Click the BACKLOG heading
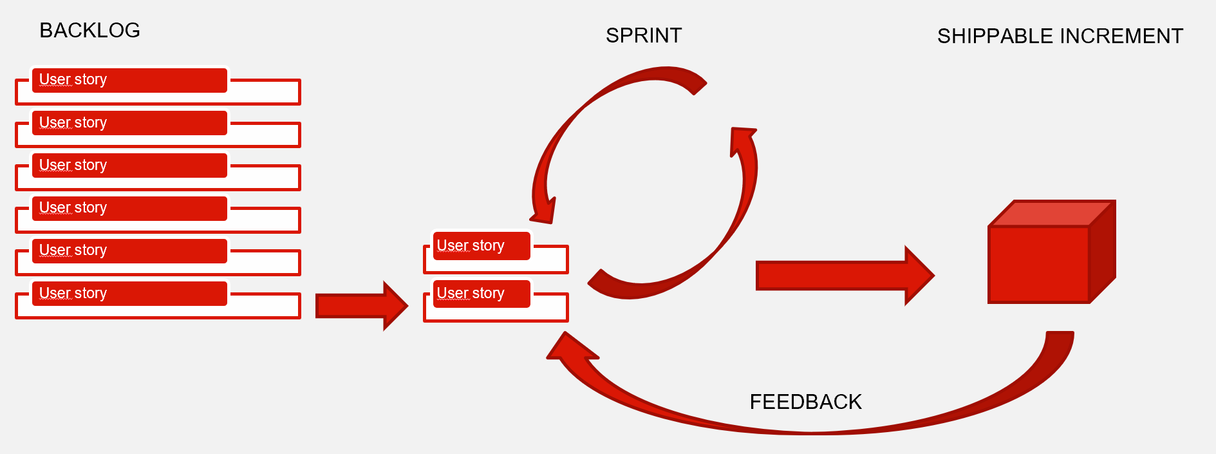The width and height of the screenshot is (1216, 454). (89, 30)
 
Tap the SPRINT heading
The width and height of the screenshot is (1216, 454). (644, 35)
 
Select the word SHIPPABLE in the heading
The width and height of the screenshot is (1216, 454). (995, 36)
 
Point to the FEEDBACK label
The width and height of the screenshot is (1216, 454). (805, 402)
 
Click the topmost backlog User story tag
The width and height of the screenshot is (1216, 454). (129, 80)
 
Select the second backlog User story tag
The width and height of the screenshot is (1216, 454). (129, 122)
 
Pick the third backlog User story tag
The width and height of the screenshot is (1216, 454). (129, 165)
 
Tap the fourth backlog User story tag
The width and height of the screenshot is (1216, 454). (129, 208)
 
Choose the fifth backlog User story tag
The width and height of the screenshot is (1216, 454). (129, 251)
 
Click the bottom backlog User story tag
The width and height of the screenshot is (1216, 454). (129, 293)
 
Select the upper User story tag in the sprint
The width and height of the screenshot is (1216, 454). (482, 245)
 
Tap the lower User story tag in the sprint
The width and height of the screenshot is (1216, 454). (482, 293)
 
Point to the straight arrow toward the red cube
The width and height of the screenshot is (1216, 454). (845, 276)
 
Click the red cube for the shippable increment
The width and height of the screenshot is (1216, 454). (1052, 252)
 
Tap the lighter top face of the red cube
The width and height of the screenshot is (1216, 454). (1051, 213)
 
